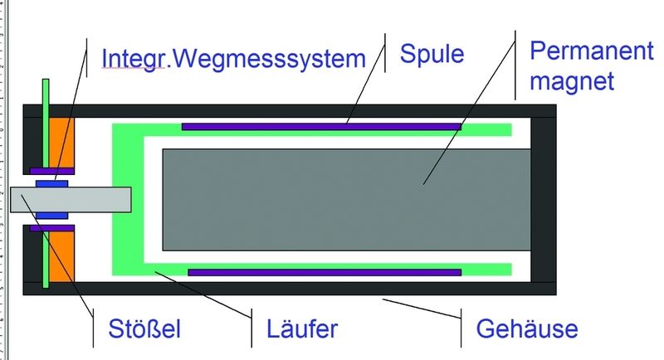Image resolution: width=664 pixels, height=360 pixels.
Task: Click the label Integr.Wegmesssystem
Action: [233, 59]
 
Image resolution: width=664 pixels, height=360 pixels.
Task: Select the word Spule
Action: [432, 55]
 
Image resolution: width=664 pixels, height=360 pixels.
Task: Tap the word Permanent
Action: [592, 51]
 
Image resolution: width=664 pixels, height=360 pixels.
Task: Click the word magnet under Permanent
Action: [572, 80]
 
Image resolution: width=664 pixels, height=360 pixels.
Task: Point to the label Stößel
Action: [144, 328]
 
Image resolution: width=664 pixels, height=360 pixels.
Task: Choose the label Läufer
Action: [302, 328]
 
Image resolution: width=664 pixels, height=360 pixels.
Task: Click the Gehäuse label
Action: [527, 328]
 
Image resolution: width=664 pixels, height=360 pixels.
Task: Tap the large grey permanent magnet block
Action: [346, 200]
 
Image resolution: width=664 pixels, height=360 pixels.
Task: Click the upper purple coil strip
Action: [321, 126]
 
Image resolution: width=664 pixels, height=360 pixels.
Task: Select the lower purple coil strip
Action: [325, 272]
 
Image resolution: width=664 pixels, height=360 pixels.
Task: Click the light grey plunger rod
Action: [71, 200]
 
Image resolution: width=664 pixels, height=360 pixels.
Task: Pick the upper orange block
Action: [61, 143]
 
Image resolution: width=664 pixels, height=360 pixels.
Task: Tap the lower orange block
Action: [61, 256]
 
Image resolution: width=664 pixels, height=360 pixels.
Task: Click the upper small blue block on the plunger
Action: [51, 184]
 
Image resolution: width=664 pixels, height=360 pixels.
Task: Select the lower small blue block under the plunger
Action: [51, 216]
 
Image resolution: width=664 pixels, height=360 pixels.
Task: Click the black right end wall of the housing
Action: [544, 200]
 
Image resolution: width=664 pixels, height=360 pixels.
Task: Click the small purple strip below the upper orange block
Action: [52, 172]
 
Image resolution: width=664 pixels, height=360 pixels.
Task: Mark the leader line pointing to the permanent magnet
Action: [469, 108]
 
